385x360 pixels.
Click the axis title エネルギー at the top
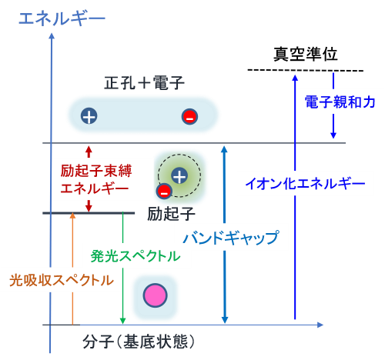pos(62,19)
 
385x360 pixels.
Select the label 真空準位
pos(305,54)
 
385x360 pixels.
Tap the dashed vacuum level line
pos(306,70)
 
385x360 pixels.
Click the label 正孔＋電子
pos(144,83)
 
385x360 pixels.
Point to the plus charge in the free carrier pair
pos(89,116)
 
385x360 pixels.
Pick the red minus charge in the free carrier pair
pos(189,117)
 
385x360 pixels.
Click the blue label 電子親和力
pos(340,102)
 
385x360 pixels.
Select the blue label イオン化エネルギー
pos(305,183)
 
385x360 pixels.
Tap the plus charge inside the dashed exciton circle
pos(179,176)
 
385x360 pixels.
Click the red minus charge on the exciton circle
pos(164,191)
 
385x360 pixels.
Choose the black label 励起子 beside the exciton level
pos(171,214)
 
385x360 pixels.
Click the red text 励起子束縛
pos(96,171)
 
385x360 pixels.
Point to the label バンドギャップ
pos(231,238)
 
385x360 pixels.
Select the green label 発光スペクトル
pos(136,256)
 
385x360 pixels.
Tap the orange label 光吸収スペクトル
pos(62,280)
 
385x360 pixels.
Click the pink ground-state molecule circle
pos(156,295)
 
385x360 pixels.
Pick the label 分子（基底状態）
pos(139,342)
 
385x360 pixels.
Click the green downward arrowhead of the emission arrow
pos(122,321)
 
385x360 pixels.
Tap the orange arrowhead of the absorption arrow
pos(73,216)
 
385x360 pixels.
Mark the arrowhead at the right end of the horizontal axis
pos(320,325)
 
